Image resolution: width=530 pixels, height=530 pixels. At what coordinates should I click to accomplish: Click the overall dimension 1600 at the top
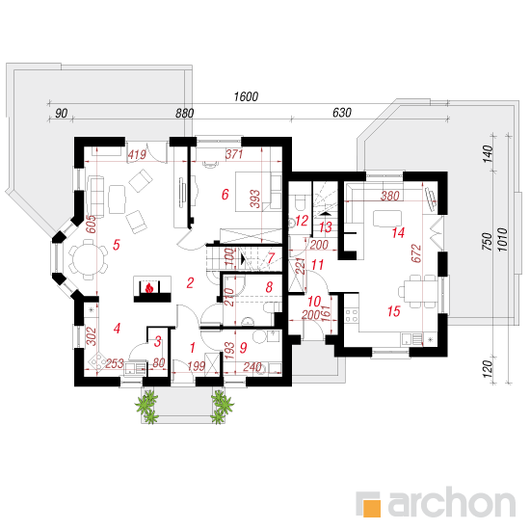click(x=246, y=97)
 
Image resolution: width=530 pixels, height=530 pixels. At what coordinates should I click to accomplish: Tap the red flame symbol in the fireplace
click(x=149, y=288)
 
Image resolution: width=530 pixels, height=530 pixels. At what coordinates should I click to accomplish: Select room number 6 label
click(x=225, y=195)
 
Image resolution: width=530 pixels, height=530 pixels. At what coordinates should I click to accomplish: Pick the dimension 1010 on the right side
click(x=503, y=240)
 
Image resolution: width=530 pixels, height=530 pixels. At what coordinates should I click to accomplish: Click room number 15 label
click(x=394, y=311)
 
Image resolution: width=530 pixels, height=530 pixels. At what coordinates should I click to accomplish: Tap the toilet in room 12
click(x=300, y=202)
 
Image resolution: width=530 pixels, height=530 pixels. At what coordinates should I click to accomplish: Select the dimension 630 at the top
click(x=342, y=113)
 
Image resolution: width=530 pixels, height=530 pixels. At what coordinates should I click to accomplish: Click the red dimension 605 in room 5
click(x=91, y=225)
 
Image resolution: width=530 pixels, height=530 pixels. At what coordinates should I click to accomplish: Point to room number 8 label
click(x=269, y=287)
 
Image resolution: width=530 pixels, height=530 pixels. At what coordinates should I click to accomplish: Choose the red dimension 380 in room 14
click(x=390, y=196)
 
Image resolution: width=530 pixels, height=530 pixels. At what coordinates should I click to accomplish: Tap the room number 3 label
click(x=157, y=342)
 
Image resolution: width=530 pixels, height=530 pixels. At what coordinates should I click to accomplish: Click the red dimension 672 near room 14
click(x=416, y=253)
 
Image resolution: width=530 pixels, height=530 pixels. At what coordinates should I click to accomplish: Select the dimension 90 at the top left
click(x=61, y=114)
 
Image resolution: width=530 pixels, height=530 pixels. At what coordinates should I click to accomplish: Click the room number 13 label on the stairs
click(x=325, y=227)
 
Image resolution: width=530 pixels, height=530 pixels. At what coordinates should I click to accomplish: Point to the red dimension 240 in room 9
click(x=252, y=366)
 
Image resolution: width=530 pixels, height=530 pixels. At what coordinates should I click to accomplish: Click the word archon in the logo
click(x=451, y=503)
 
